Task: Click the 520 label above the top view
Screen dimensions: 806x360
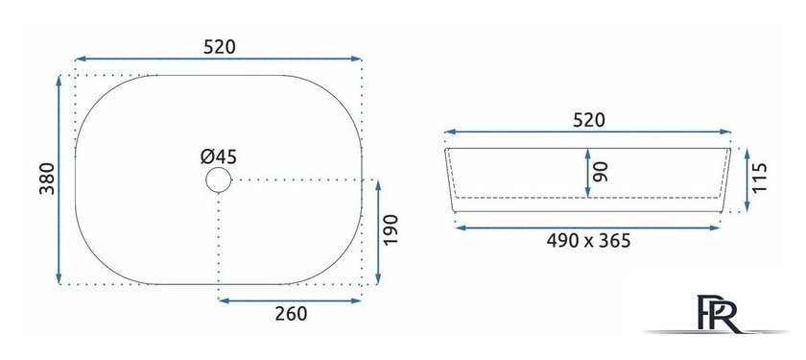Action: tap(220, 47)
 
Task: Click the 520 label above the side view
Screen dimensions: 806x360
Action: tap(588, 120)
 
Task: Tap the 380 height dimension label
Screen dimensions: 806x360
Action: tap(47, 179)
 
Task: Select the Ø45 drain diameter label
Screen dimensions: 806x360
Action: tap(219, 156)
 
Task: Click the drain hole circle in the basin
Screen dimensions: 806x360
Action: tap(219, 180)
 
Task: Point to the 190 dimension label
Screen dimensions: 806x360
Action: tap(391, 229)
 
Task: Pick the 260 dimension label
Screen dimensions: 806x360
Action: tap(291, 314)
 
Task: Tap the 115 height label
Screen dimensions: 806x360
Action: tap(759, 178)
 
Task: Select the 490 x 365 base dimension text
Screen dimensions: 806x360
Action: tap(588, 241)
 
